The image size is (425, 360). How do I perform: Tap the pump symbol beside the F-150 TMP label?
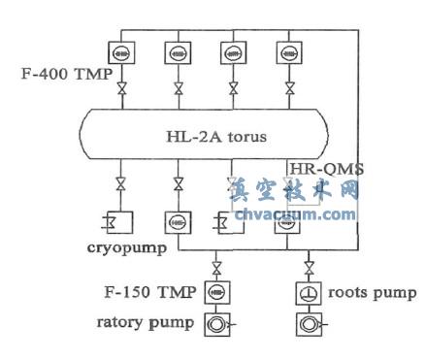(215, 292)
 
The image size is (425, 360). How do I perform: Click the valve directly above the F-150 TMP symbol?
(215, 266)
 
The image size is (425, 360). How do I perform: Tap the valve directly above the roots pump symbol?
(302, 266)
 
